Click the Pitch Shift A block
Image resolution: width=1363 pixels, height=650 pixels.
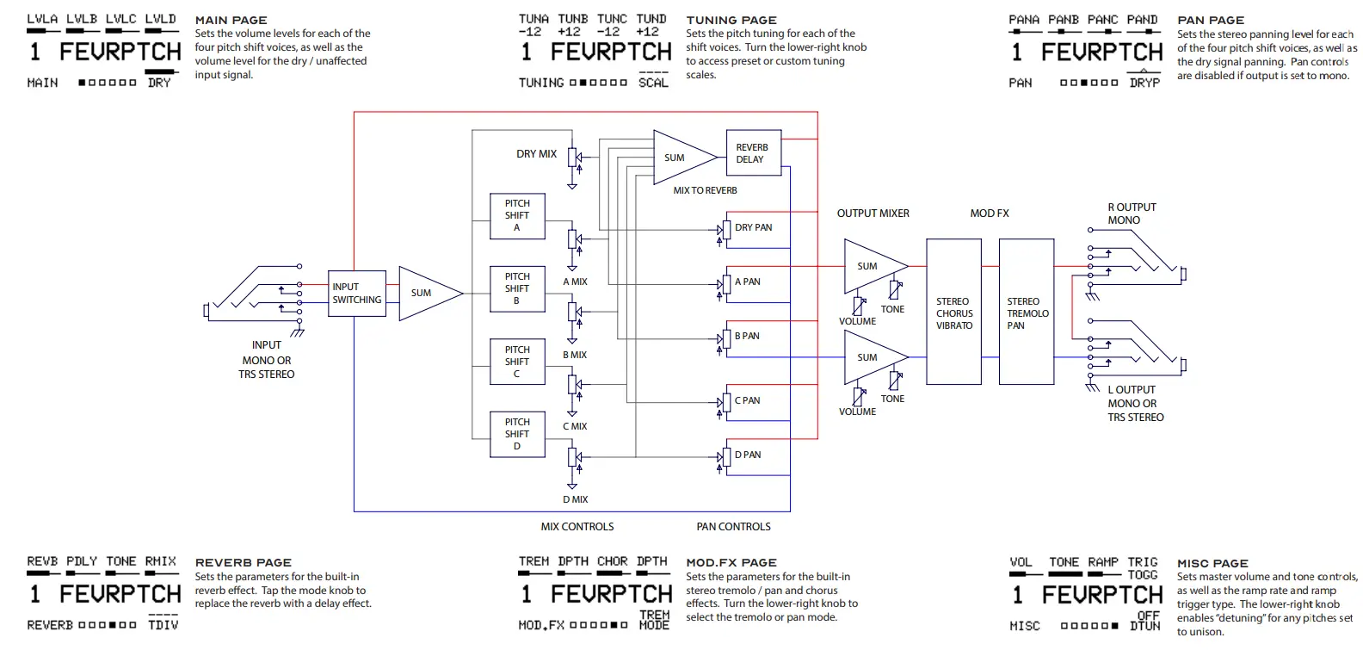pos(517,215)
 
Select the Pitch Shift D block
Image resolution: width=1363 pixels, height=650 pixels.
pos(517,434)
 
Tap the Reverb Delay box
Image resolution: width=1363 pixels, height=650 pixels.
pos(753,153)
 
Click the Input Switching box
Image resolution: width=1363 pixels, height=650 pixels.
pos(356,294)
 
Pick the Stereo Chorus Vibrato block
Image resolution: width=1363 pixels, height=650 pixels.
pos(953,313)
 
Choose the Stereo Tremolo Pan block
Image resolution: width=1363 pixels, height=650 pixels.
pos(1027,313)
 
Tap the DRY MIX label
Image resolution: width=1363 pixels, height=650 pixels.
pos(536,154)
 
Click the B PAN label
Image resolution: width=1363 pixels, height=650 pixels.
pos(747,336)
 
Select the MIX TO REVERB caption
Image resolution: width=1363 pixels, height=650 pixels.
pos(705,190)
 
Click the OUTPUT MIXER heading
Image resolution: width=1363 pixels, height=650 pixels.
pos(873,213)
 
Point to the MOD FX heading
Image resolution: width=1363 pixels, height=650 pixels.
pos(989,213)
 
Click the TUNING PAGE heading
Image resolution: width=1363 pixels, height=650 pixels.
pos(731,20)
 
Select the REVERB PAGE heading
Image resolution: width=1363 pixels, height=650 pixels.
pos(243,562)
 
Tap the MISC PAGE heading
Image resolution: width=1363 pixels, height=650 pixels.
pos(1212,562)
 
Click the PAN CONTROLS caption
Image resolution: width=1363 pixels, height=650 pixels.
pos(733,526)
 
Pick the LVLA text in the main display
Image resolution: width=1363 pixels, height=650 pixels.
pos(42,18)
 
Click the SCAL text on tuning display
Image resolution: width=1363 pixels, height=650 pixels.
pos(653,83)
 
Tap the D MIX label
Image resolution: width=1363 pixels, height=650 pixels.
pos(575,499)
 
